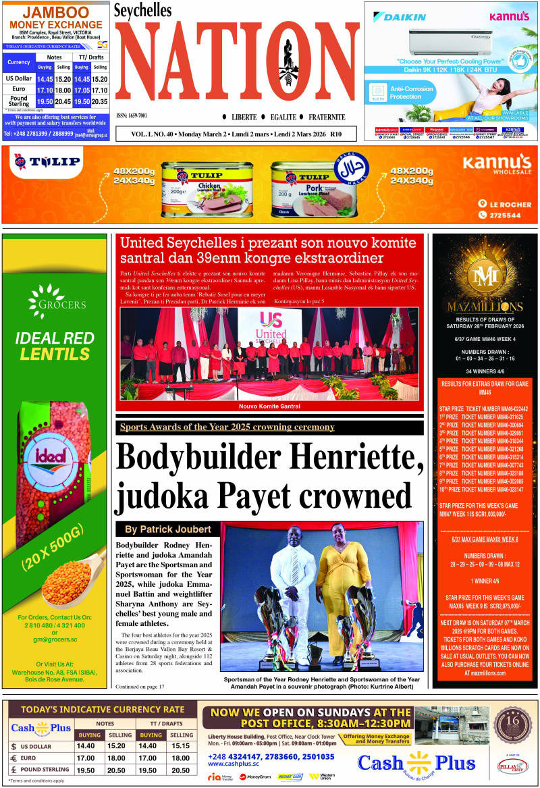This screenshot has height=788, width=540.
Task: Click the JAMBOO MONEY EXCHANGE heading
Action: (x=55, y=20)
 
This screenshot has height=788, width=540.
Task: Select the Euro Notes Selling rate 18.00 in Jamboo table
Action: (x=63, y=90)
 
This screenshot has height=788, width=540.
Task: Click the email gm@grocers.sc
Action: (x=55, y=639)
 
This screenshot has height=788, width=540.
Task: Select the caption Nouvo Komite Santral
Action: (x=269, y=406)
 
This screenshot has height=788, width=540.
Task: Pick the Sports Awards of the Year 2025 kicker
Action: (x=227, y=427)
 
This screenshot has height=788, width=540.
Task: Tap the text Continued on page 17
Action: (x=140, y=687)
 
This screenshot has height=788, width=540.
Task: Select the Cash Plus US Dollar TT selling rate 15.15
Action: (x=180, y=746)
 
